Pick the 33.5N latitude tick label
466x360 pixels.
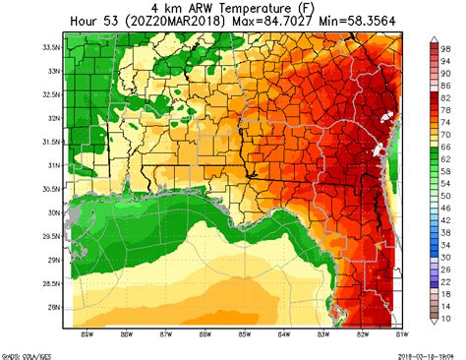[48, 46]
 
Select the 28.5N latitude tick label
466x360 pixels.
[48, 282]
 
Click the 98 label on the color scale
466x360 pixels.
[445, 48]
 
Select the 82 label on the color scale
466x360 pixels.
[445, 98]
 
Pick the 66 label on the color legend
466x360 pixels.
[445, 148]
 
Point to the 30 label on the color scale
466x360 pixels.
[445, 258]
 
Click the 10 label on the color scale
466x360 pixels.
[445, 319]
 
